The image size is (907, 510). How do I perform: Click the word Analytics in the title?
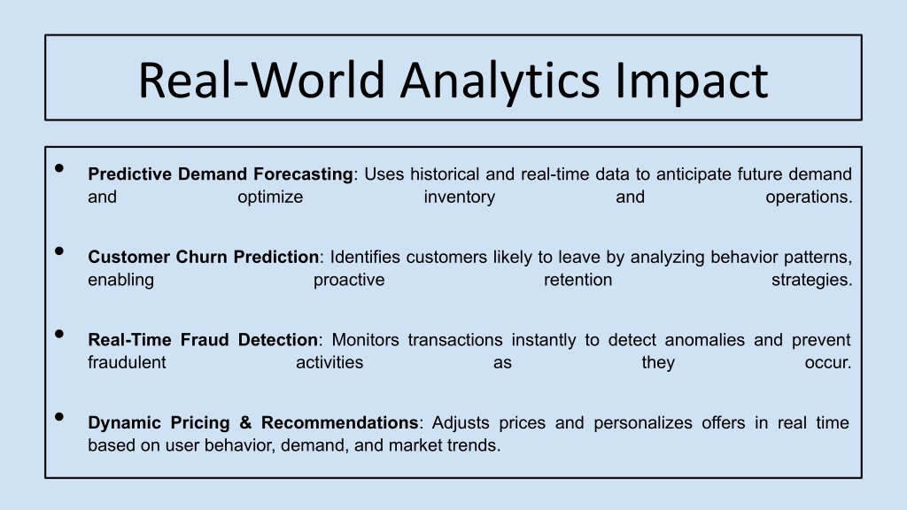pos(500,81)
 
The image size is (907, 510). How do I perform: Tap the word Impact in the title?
pos(691,81)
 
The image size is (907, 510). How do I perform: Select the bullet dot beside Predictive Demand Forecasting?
pos(59,168)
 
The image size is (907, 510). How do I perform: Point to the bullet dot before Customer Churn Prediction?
pos(59,251)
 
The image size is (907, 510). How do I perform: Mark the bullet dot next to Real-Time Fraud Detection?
pos(59,334)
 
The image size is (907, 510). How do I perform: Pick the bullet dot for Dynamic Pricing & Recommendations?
pos(59,416)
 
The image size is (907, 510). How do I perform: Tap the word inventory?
pos(460,197)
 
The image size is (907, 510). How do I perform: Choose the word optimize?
pos(270,197)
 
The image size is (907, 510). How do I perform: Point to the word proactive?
pos(349,280)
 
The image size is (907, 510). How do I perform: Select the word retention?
pos(578,280)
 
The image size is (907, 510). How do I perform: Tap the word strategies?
pos(811,280)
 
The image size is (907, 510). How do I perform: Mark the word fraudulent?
pos(127,362)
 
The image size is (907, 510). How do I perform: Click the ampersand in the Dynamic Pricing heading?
pos(246,422)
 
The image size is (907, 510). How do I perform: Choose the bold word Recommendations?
pos(339,422)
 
